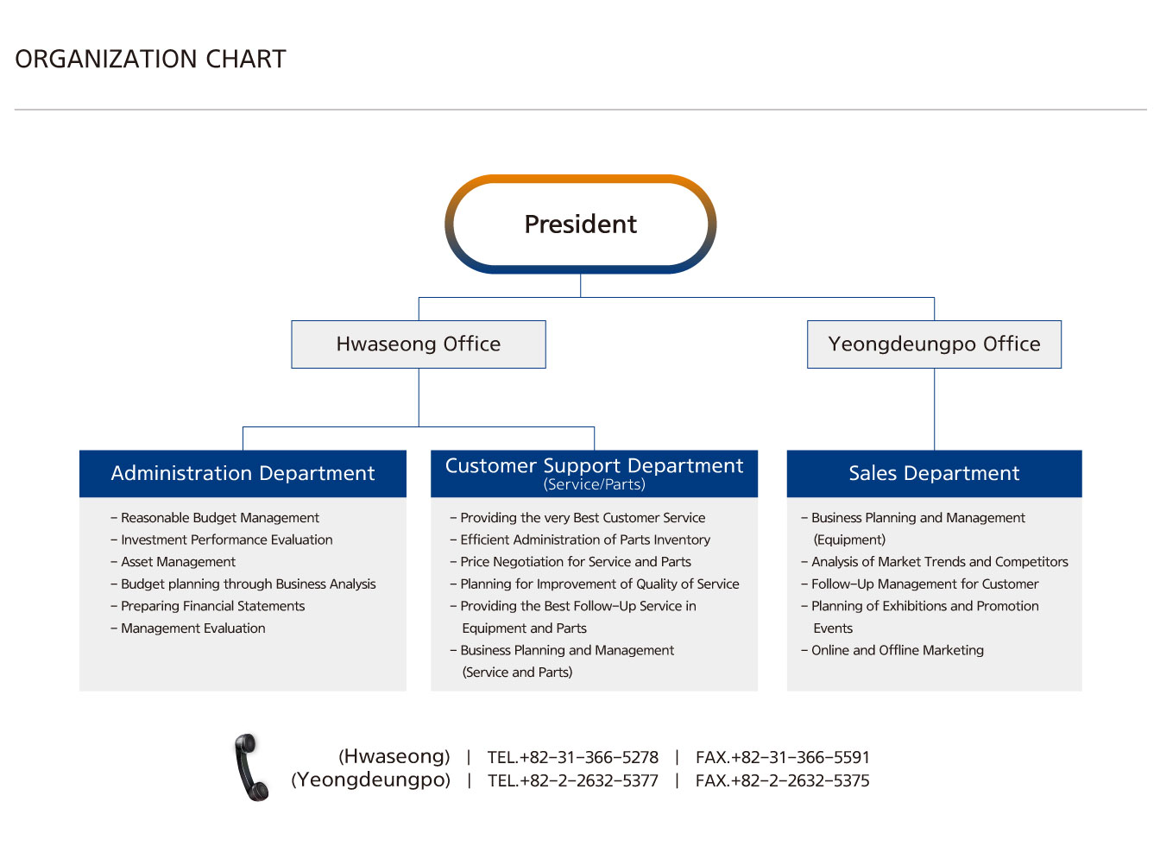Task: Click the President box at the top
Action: tap(580, 224)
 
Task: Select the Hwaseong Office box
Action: tap(418, 344)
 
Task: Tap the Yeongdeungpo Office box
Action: tap(933, 344)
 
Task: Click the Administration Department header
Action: tap(243, 473)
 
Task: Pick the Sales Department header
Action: tap(934, 473)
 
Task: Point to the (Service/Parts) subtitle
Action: tap(594, 484)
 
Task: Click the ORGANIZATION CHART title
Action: tap(150, 59)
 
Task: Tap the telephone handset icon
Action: tap(251, 767)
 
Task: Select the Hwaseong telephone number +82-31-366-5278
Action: tap(572, 757)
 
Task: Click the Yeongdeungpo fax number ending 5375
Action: tap(782, 780)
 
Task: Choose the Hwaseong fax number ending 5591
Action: tap(782, 757)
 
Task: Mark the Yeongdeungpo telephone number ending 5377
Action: tap(572, 780)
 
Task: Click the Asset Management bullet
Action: tap(173, 562)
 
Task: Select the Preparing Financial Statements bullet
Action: tap(207, 606)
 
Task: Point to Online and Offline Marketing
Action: tap(892, 650)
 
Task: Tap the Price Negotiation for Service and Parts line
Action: tap(571, 562)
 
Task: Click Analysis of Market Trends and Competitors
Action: tap(935, 562)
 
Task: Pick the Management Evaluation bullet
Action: tap(187, 628)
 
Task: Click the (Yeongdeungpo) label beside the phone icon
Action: tap(370, 780)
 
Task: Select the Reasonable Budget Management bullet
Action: tap(215, 518)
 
